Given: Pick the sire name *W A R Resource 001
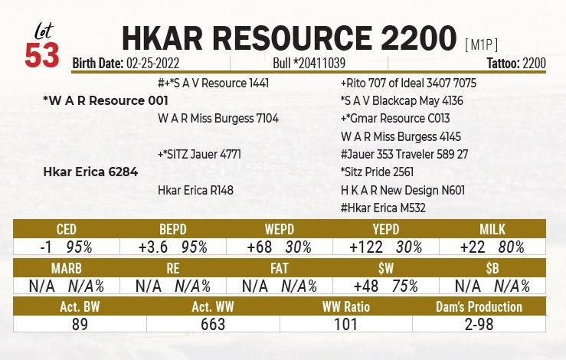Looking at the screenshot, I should coord(106,100).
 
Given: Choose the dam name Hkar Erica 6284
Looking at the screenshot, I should coord(90,172).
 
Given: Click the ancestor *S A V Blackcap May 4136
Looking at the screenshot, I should coord(401,100).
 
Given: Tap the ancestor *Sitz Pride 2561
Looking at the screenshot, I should coord(378,172).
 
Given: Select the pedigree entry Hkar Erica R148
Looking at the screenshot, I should coord(195,190).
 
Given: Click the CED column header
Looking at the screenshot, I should coord(67,230).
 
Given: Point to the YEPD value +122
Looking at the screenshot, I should coord(366,247).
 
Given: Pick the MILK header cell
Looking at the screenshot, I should coord(492,230).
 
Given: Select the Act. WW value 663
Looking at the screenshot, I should coord(213,325).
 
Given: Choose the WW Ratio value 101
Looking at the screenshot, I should coord(347,325).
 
